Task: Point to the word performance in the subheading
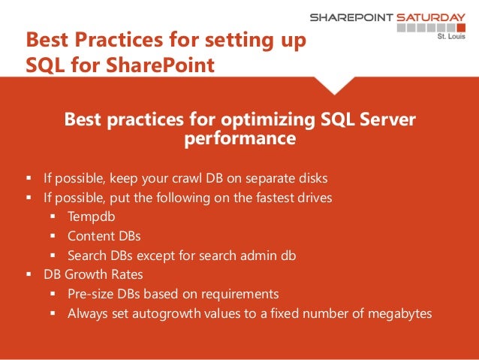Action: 239,139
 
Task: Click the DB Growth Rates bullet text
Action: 85,275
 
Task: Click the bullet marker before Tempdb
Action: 54,217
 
